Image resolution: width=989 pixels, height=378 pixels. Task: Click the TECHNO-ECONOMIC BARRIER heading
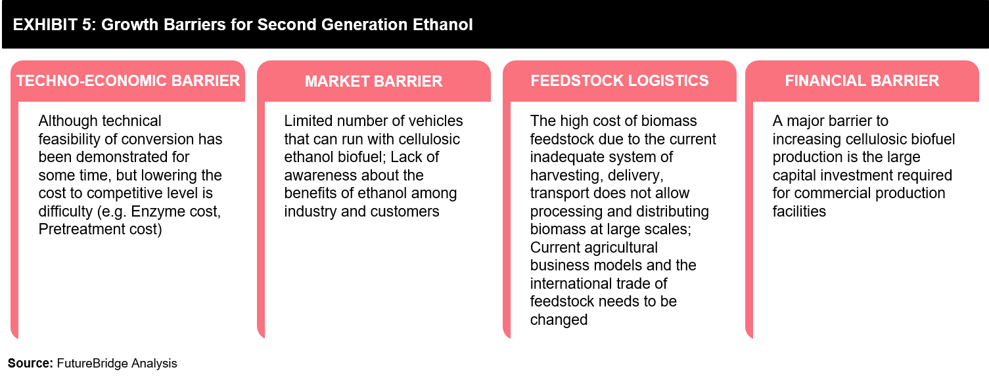pyautogui.click(x=128, y=81)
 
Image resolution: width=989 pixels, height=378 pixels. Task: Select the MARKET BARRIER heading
pyautogui.click(x=373, y=81)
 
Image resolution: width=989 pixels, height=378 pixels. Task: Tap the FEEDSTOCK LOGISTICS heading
pyautogui.click(x=620, y=81)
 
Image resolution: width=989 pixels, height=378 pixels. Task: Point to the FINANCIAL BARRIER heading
pyautogui.click(x=862, y=81)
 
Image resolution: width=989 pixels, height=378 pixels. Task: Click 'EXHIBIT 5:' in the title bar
pyautogui.click(x=55, y=25)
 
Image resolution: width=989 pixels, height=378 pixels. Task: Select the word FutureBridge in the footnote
pyautogui.click(x=92, y=364)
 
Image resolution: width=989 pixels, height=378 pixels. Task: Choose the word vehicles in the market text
pyautogui.click(x=434, y=121)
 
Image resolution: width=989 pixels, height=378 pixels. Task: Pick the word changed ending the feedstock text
pyautogui.click(x=559, y=320)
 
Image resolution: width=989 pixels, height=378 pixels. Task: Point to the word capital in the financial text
pyautogui.click(x=794, y=176)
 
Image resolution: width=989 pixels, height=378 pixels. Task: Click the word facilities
pyautogui.click(x=799, y=211)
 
